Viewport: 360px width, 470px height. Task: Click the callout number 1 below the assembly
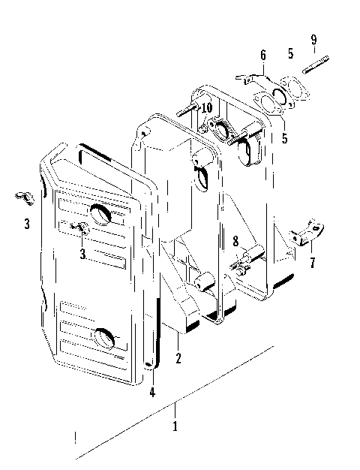click(175, 426)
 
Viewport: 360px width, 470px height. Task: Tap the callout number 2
click(178, 358)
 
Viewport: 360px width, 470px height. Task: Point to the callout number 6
click(262, 55)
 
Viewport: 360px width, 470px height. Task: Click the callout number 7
click(311, 264)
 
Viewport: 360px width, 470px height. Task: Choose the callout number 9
click(314, 39)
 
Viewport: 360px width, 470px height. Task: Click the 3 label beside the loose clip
click(26, 224)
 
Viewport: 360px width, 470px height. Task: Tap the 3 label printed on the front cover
click(82, 254)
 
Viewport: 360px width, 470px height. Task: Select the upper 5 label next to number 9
click(290, 54)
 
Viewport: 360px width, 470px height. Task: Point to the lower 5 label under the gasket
click(284, 139)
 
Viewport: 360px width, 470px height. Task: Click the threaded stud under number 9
click(313, 62)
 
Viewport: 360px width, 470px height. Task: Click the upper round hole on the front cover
click(100, 214)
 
